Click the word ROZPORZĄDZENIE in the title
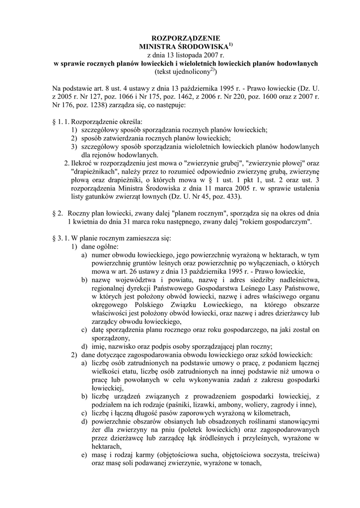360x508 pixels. [x=180, y=37]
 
